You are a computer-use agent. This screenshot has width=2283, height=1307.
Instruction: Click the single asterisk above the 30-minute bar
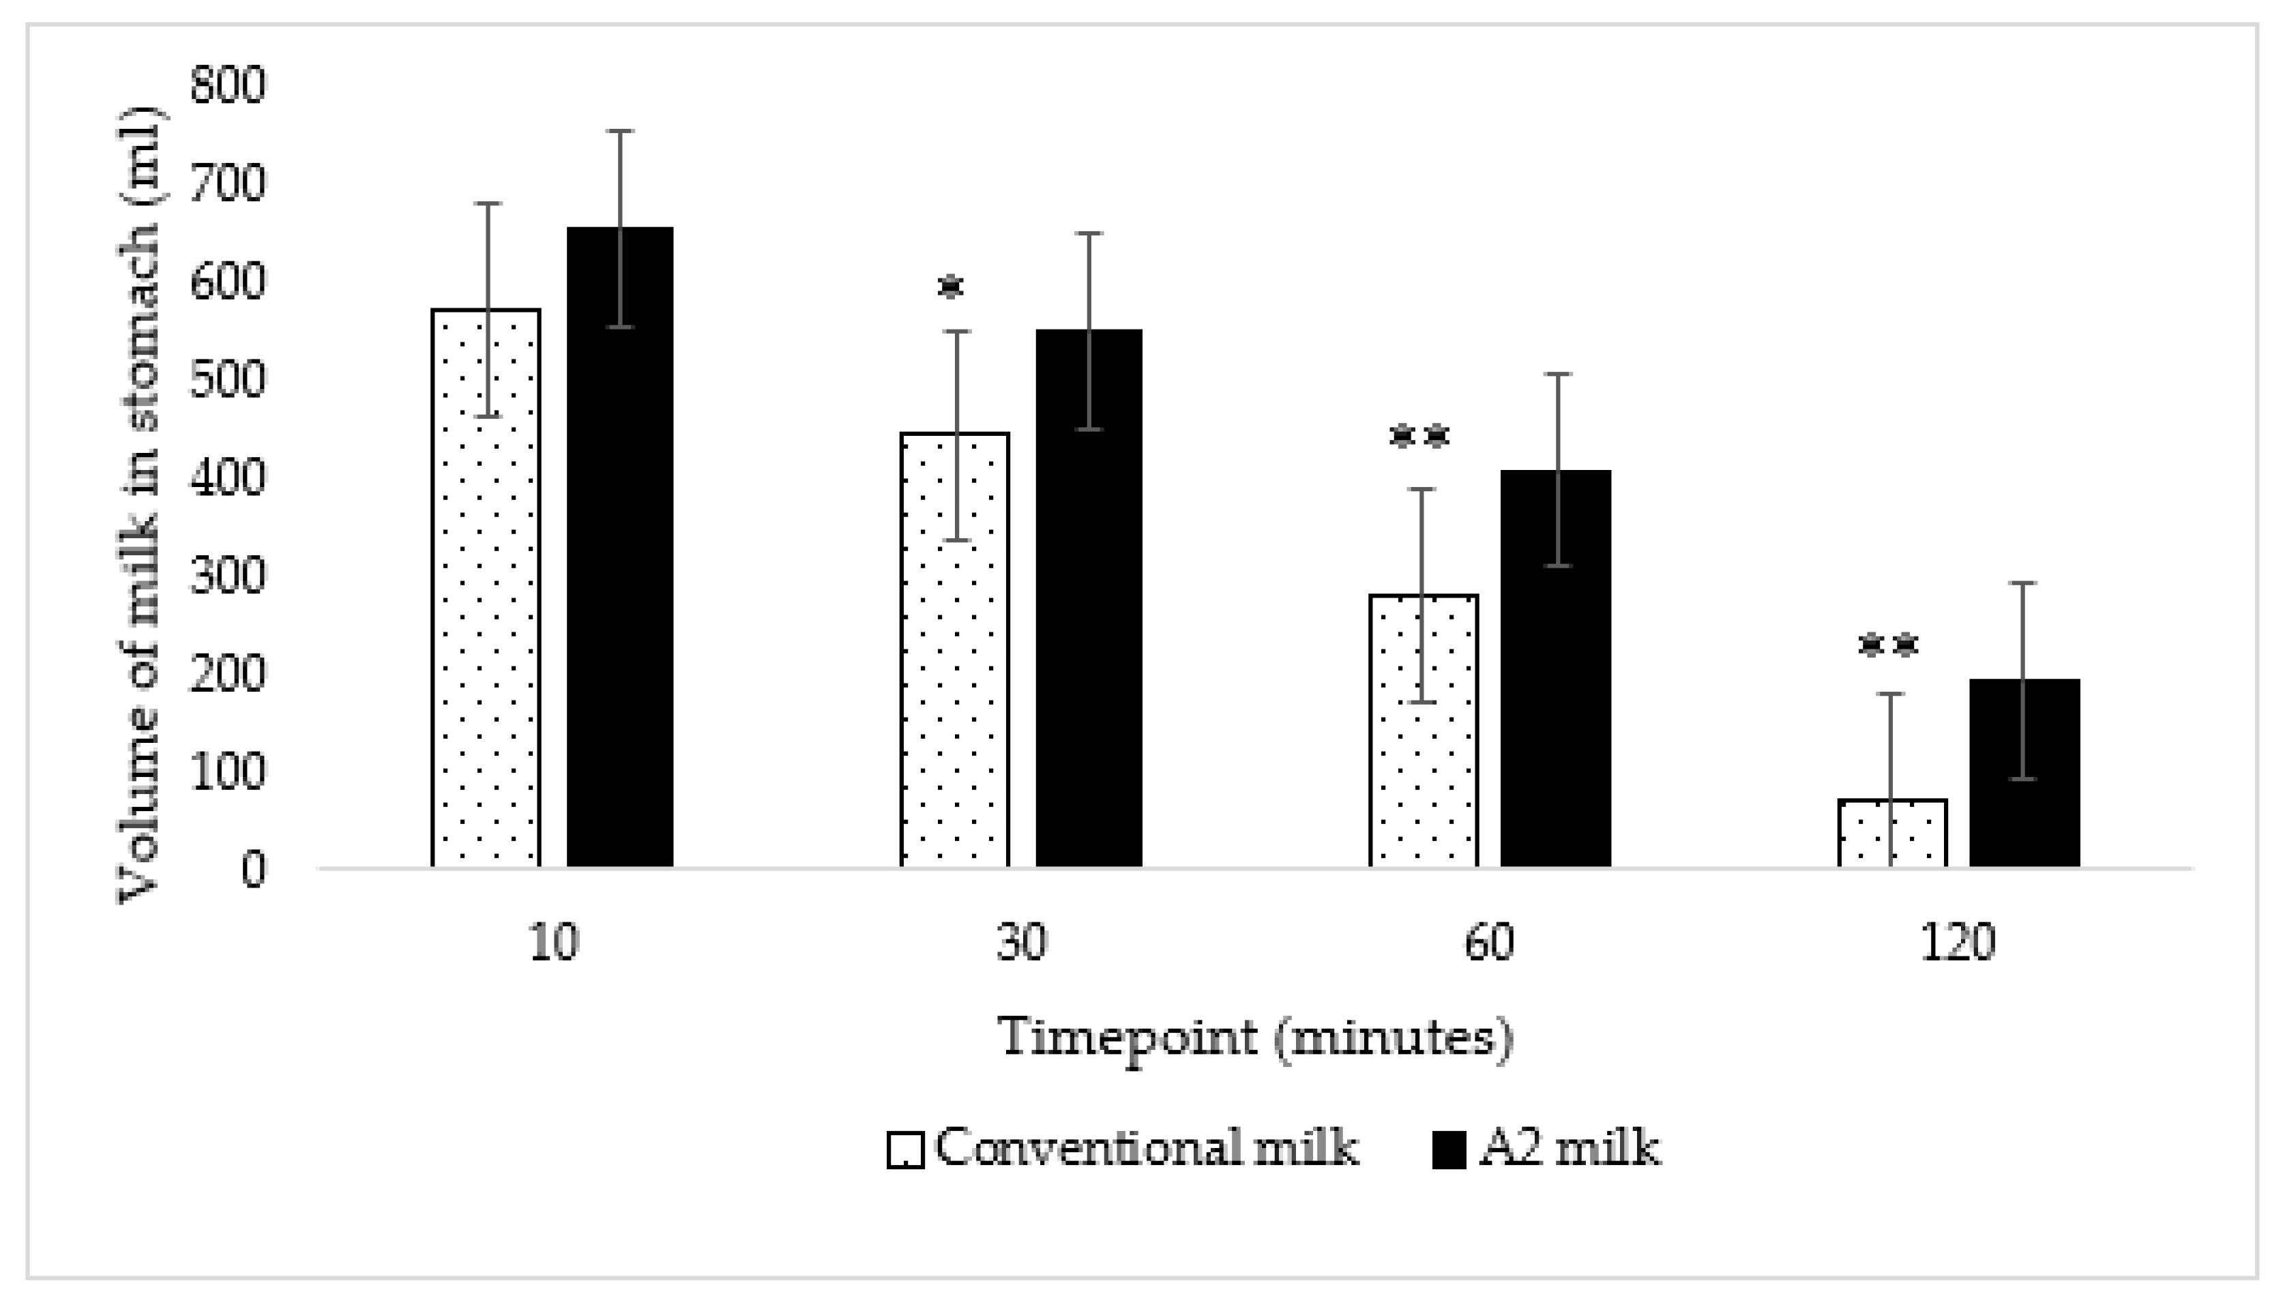click(950, 288)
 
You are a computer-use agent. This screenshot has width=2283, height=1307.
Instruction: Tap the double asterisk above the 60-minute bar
click(1419, 437)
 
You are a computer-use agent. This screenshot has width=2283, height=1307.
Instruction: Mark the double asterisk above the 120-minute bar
click(1888, 645)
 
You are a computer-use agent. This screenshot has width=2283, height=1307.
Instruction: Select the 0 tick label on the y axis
click(253, 870)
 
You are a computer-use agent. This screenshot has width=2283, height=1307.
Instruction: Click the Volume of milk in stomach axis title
click(141, 503)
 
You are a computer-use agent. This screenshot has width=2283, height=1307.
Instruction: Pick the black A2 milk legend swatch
click(1448, 1151)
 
